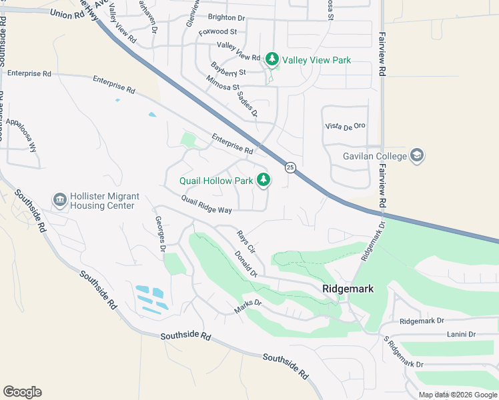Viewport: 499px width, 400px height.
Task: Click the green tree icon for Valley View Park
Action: click(272, 60)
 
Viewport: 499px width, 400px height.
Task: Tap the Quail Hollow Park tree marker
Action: click(264, 180)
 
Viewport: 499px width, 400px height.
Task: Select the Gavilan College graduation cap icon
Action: click(417, 156)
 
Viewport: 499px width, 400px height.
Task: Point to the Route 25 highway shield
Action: click(290, 167)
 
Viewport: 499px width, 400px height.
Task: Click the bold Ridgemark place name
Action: click(347, 289)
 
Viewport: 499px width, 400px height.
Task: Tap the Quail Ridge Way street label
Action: click(206, 205)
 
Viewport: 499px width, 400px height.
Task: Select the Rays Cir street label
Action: click(246, 241)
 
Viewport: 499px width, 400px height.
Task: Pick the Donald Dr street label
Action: click(245, 263)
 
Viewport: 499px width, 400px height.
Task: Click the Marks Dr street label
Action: click(248, 307)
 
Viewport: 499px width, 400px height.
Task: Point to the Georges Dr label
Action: click(160, 234)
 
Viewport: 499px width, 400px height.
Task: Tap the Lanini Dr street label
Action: click(461, 334)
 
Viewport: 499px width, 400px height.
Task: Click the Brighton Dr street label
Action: click(227, 17)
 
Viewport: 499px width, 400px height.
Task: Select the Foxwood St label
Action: click(217, 31)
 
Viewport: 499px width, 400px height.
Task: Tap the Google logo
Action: click(22, 391)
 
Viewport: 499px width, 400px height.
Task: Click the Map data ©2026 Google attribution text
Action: click(457, 395)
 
